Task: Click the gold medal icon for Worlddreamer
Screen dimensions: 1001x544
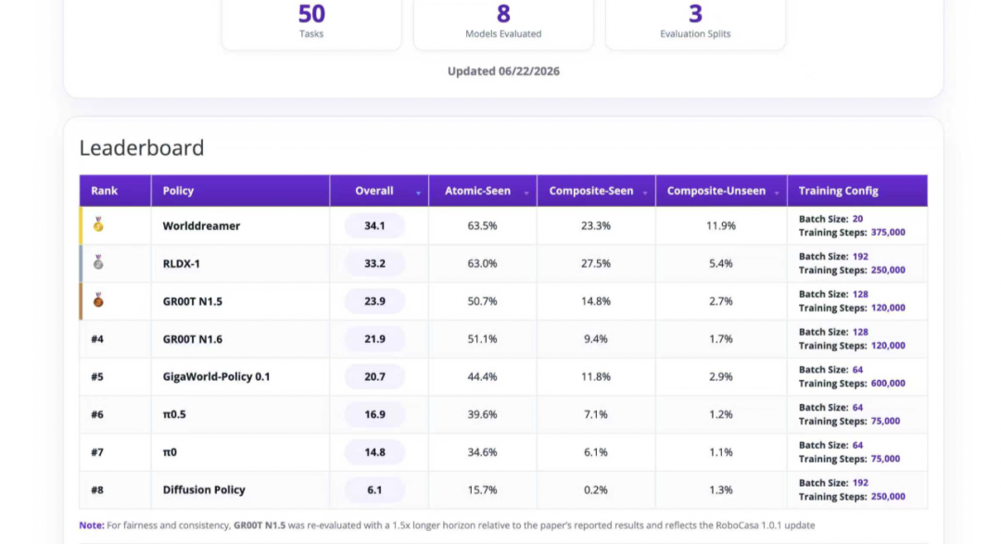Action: point(98,225)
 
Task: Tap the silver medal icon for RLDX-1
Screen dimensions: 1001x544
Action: point(98,262)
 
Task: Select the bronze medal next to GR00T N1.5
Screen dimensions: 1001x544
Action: point(98,300)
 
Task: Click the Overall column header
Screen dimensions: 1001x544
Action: point(374,191)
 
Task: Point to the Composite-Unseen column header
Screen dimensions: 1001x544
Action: point(716,191)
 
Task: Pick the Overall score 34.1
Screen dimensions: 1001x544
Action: point(374,226)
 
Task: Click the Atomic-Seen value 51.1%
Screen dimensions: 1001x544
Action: point(482,339)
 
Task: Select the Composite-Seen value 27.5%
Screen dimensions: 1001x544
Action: point(596,264)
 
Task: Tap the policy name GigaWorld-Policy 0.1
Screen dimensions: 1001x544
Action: point(216,376)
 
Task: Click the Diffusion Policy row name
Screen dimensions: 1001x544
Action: point(204,489)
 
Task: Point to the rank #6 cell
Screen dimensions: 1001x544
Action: point(97,414)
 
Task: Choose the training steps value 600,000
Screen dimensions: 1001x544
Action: point(888,383)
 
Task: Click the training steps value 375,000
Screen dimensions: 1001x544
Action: point(888,233)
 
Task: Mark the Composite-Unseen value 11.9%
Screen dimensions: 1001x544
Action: point(721,226)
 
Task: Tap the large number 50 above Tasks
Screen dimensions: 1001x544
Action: point(311,14)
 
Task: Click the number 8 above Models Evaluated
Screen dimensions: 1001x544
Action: point(503,14)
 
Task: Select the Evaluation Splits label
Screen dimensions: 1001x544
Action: point(695,34)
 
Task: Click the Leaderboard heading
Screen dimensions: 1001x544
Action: point(142,147)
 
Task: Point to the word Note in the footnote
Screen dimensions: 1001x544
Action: point(91,525)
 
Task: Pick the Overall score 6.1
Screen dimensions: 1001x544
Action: point(374,490)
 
